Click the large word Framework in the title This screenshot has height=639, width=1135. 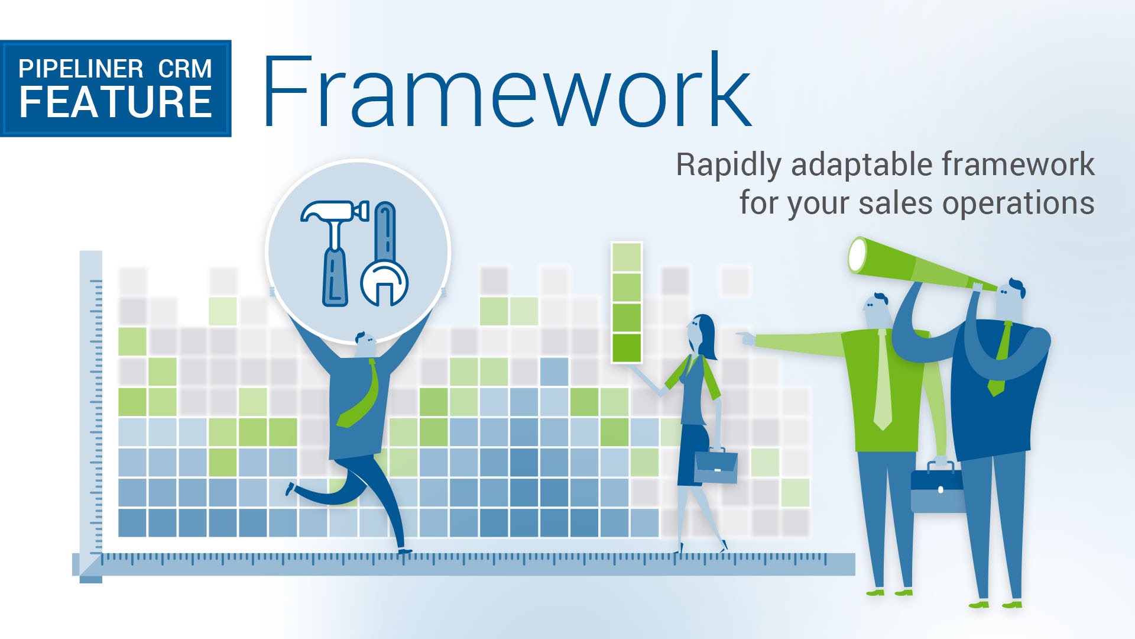[507, 90]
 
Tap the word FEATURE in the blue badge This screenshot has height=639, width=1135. [116, 102]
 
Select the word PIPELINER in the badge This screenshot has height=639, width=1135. [81, 69]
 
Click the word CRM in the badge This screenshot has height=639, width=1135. [185, 69]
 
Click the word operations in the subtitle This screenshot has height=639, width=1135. [1018, 204]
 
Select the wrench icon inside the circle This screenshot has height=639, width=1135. [384, 254]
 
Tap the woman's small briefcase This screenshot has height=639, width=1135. [716, 466]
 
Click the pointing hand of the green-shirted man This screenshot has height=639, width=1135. [746, 338]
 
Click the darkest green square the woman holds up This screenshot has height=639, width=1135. [627, 348]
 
